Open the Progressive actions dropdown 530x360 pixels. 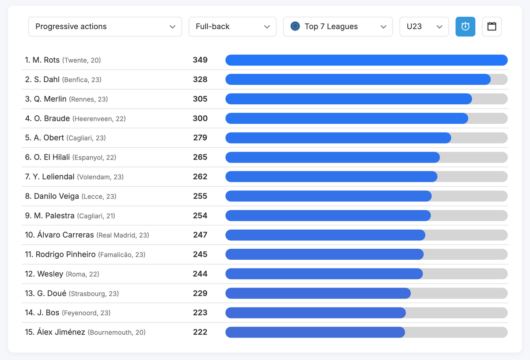(x=105, y=27)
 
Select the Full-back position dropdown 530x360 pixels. (x=232, y=27)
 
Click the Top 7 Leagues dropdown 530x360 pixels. (x=338, y=27)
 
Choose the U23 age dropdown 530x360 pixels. (x=424, y=27)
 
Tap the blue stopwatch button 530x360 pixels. (x=465, y=27)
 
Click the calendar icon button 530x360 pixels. (x=492, y=27)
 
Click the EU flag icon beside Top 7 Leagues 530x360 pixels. (x=295, y=26)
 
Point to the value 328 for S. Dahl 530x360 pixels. (x=200, y=80)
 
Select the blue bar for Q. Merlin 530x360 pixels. (x=348, y=99)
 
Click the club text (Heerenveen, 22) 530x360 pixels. (x=99, y=118)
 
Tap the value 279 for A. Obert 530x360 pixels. (x=200, y=138)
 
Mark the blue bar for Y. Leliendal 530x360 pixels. (x=331, y=177)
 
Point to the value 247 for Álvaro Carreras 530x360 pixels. (x=200, y=235)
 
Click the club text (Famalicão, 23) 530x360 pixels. (x=121, y=255)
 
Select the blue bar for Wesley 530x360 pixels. (x=324, y=274)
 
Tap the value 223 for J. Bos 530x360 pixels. (x=200, y=313)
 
